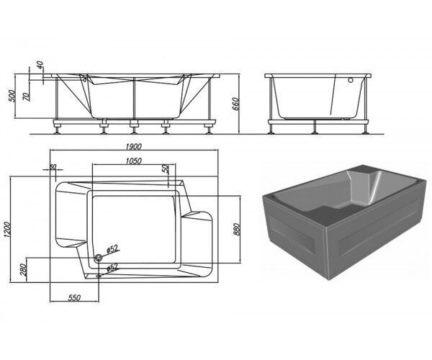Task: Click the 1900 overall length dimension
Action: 133,147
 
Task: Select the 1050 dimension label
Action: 133,161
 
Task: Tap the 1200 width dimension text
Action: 6,230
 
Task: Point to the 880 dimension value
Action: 237,229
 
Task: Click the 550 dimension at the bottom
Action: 74,298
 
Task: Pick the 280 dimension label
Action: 24,270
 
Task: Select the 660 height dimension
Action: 236,104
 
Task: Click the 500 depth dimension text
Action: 12,96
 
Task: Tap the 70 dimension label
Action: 26,96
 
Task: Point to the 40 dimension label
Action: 40,65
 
